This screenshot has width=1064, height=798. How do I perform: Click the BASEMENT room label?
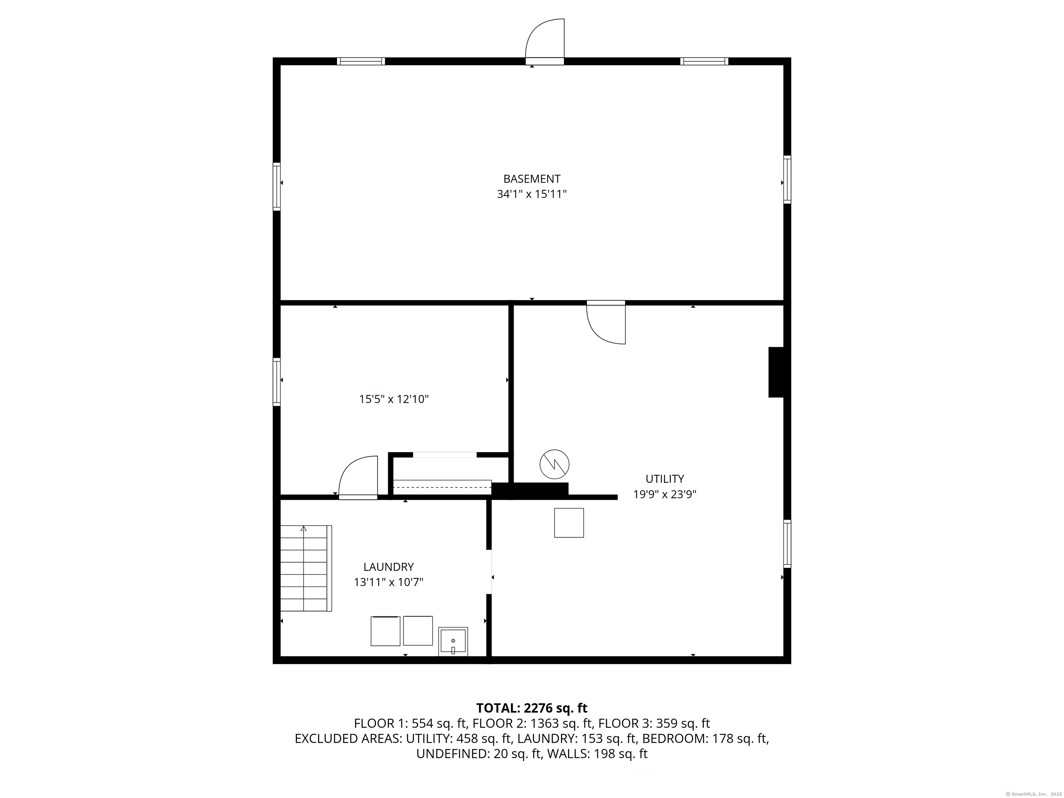click(x=532, y=179)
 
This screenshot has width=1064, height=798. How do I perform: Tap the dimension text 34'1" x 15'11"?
click(x=532, y=194)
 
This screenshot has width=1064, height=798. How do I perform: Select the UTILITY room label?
click(x=664, y=479)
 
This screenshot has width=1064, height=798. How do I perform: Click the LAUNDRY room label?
click(x=388, y=567)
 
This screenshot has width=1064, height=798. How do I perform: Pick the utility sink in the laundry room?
click(x=453, y=641)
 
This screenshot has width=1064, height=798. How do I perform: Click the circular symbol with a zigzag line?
click(x=554, y=464)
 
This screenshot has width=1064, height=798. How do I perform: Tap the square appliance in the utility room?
click(x=569, y=523)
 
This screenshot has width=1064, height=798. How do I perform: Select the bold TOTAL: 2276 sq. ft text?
click(x=532, y=708)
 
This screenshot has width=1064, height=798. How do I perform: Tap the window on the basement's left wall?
click(x=277, y=186)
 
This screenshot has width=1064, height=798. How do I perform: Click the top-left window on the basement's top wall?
click(x=361, y=61)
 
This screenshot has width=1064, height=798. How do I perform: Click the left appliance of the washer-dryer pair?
click(x=385, y=631)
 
